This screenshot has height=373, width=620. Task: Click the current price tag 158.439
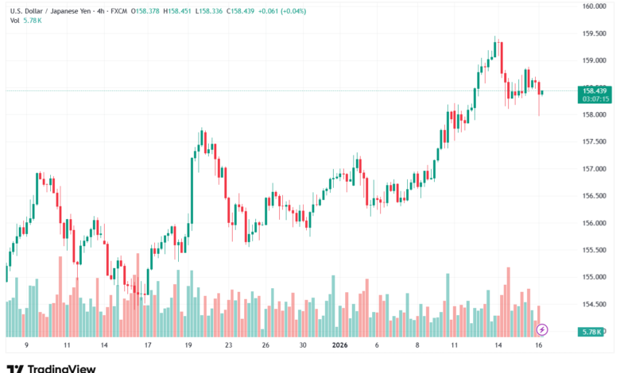click(x=595, y=91)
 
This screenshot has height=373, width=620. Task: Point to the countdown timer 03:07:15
click(x=595, y=99)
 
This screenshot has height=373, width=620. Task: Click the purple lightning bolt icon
click(x=542, y=329)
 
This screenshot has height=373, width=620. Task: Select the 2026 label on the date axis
click(x=339, y=346)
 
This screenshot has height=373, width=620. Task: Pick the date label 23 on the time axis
click(x=228, y=346)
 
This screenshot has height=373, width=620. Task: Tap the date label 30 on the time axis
click(x=302, y=346)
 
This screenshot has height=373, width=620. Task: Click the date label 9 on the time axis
click(x=26, y=346)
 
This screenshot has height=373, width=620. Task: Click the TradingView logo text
click(x=61, y=367)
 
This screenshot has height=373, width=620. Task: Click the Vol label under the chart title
click(x=15, y=20)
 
